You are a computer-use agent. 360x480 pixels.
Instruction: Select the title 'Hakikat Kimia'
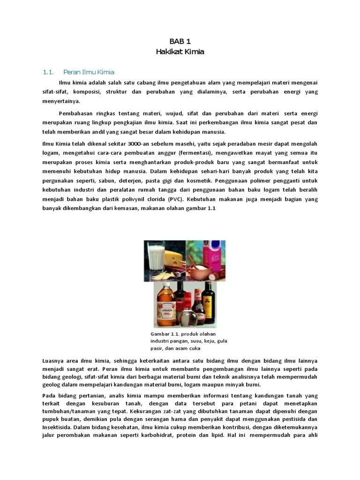click(180, 52)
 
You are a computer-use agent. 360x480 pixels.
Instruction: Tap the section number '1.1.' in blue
click(49, 72)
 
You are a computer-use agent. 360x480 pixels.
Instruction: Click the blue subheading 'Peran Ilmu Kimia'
click(89, 72)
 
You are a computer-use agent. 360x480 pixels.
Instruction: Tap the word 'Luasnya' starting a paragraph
click(52, 360)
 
